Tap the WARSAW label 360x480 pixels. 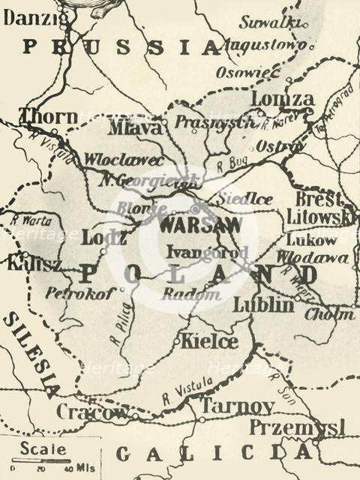201,225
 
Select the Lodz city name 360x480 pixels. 104,237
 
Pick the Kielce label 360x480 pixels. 209,342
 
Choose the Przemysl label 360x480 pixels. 297,427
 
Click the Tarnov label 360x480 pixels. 237,406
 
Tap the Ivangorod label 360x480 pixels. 207,251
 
